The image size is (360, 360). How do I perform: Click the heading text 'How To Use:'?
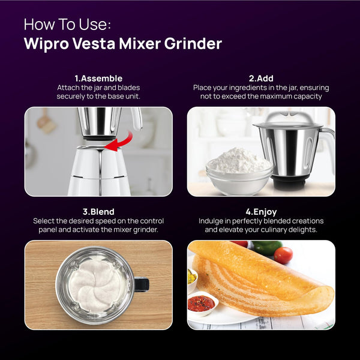[x=67, y=25]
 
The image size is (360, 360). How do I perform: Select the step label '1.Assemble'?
[x=98, y=78]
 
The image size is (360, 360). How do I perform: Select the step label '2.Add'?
[x=261, y=78]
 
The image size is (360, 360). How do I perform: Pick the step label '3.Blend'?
[x=98, y=212]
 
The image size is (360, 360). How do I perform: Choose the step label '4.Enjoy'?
[x=261, y=212]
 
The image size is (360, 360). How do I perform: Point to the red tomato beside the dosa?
[x=283, y=255]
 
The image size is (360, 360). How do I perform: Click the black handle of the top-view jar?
[x=140, y=284]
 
